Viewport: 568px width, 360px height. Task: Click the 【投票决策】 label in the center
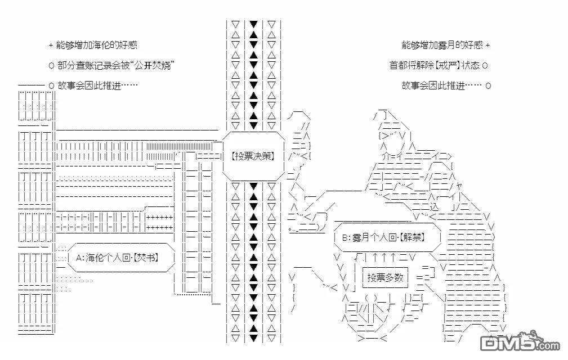(x=253, y=156)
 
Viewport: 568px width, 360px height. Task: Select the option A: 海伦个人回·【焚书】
(x=118, y=258)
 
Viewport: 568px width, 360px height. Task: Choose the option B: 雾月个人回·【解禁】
(x=384, y=237)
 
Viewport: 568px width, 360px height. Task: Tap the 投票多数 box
(x=385, y=277)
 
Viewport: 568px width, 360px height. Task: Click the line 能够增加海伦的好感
(x=97, y=45)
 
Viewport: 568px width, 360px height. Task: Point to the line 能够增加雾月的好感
(x=442, y=45)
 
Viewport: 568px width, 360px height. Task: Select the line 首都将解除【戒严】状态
(x=435, y=65)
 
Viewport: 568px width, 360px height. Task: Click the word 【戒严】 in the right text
(x=448, y=65)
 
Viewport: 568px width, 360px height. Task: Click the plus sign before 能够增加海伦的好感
(x=51, y=46)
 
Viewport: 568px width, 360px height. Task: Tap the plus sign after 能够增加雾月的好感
(x=488, y=46)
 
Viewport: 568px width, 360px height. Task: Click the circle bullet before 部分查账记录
(x=51, y=66)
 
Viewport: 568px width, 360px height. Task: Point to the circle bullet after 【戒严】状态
(x=485, y=66)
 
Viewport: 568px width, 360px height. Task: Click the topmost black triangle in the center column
(x=253, y=25)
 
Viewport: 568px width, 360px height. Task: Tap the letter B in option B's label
(x=345, y=238)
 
